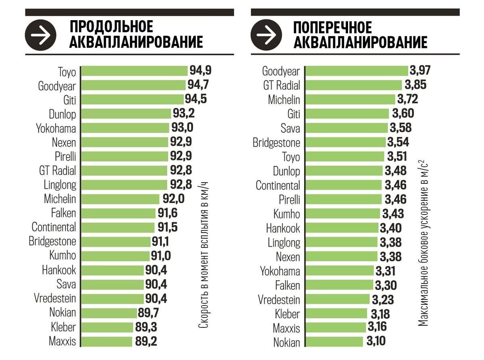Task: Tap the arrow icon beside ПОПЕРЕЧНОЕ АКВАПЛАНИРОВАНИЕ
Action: coord(266,35)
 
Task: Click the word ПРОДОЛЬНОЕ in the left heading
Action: coord(111,27)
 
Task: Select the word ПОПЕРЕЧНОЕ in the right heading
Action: coord(333,27)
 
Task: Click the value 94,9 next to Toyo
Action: coord(200,71)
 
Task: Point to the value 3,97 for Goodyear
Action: coord(420,71)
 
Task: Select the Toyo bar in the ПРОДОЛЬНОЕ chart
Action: coord(135,71)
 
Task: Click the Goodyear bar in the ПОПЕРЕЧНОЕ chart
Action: coord(357,71)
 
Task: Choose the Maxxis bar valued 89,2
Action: coord(106,341)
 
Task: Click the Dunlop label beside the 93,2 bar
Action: coord(63,114)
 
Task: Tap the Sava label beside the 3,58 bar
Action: coord(290,128)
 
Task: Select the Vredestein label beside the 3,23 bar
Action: coord(279,300)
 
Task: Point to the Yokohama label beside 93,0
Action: coord(56,128)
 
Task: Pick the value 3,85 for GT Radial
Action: coord(415,85)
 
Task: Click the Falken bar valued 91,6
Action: coord(118,213)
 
